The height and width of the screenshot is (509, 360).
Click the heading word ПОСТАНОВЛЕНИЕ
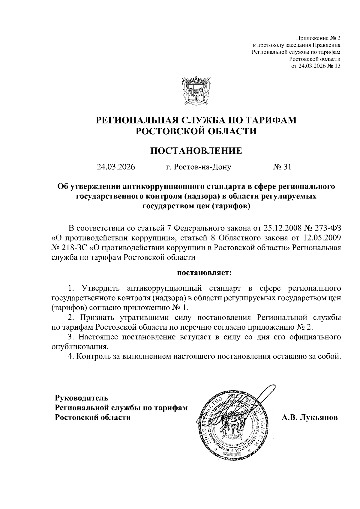pyautogui.click(x=196, y=150)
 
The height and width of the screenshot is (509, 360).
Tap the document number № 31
pyautogui.click(x=282, y=167)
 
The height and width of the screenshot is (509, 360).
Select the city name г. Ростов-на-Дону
pyautogui.click(x=199, y=167)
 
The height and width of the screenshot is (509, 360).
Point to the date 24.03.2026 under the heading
pyautogui.click(x=116, y=167)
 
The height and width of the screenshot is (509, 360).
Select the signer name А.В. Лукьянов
pyautogui.click(x=309, y=418)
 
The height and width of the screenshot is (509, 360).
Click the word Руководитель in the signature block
pyautogui.click(x=81, y=398)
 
